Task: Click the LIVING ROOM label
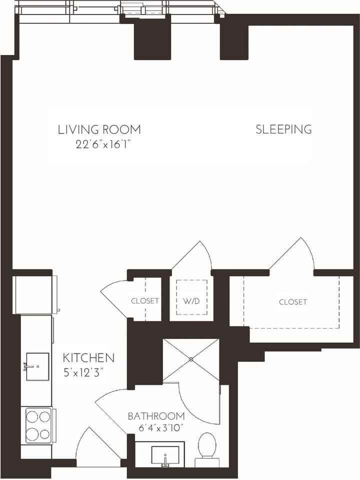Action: pyautogui.click(x=99, y=129)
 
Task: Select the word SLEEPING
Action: pyautogui.click(x=284, y=129)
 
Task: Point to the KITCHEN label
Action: pyautogui.click(x=88, y=357)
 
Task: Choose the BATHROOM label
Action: pyautogui.click(x=156, y=416)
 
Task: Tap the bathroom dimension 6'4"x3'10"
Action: pyautogui.click(x=161, y=427)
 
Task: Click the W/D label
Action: pyautogui.click(x=191, y=301)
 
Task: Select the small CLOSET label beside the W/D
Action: pyautogui.click(x=145, y=301)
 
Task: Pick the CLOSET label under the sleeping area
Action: pyautogui.click(x=292, y=302)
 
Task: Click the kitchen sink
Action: pyautogui.click(x=37, y=366)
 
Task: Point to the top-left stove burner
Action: pyautogui.click(x=32, y=416)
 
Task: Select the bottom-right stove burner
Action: pyautogui.click(x=44, y=434)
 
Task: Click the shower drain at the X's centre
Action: pyautogui.click(x=191, y=359)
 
